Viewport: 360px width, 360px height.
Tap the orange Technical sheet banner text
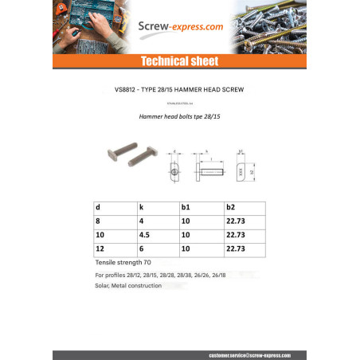pos(179,62)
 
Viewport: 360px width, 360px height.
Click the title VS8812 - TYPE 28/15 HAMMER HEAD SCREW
pos(179,90)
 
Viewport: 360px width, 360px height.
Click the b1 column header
pos(186,206)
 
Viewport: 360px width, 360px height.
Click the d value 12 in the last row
pos(100,249)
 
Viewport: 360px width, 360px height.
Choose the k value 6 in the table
pos(140,249)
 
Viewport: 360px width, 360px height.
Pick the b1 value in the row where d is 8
pos(186,221)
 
